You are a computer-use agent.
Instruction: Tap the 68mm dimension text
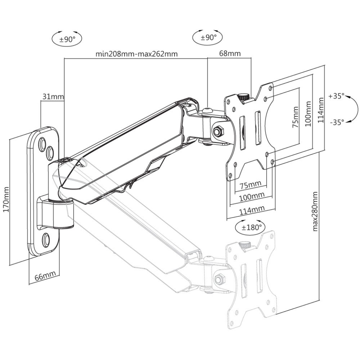(x=230, y=54)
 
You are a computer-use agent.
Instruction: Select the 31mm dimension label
(x=53, y=96)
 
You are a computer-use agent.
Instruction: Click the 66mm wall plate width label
(x=45, y=276)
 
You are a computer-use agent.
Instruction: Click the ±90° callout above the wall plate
(x=67, y=39)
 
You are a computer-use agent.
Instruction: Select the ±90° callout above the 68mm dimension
(x=208, y=37)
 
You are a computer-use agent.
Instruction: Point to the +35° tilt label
(x=337, y=96)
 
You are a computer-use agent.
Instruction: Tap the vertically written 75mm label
(x=295, y=117)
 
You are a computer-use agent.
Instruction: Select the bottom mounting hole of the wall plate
(x=46, y=240)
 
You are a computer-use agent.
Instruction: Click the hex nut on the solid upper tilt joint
(x=218, y=132)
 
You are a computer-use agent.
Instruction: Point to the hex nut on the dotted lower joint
(x=219, y=279)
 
